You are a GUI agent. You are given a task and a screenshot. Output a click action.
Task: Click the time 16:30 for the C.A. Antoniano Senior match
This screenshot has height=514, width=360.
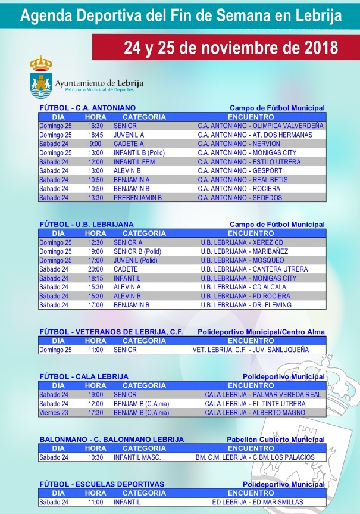(x=95, y=126)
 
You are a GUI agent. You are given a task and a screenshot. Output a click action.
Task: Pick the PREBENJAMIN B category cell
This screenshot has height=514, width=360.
(x=137, y=197)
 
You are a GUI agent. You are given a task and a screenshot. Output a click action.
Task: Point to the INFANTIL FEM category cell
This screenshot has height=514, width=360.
(x=134, y=161)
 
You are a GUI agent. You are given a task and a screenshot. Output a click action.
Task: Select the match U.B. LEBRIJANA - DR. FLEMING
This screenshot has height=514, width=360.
(x=246, y=305)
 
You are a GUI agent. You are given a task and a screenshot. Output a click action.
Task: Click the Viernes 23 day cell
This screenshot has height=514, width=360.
(x=53, y=412)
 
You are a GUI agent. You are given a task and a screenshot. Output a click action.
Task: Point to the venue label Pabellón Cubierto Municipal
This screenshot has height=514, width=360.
(x=276, y=440)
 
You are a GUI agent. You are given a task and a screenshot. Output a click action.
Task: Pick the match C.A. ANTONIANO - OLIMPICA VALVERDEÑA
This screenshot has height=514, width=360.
(x=261, y=126)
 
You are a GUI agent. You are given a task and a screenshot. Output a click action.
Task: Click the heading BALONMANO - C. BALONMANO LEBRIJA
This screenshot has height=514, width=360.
(x=111, y=440)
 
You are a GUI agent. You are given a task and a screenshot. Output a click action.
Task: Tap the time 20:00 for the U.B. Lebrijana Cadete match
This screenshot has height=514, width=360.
(x=95, y=269)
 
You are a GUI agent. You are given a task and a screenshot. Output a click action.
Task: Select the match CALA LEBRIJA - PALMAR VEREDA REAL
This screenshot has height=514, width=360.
(x=262, y=394)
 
